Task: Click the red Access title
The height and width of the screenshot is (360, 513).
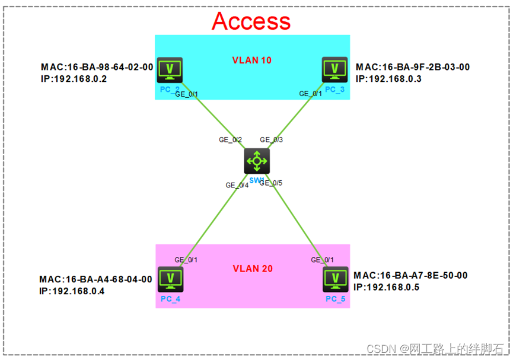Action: [x=251, y=21]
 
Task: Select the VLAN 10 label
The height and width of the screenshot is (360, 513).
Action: [x=251, y=60]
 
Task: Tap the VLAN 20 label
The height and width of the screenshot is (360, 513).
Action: [x=252, y=269]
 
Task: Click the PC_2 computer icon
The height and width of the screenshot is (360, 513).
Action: [x=170, y=70]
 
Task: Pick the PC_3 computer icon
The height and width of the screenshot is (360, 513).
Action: [x=334, y=70]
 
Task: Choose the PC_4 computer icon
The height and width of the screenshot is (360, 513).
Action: [x=171, y=279]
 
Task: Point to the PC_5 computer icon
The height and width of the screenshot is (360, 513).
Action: [x=335, y=279]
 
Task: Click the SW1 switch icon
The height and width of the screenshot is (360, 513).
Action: [x=256, y=161]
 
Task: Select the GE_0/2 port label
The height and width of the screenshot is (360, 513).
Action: [x=230, y=140]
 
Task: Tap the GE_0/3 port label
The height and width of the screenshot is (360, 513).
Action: [x=272, y=140]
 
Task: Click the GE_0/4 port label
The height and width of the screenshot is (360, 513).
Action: [x=237, y=185]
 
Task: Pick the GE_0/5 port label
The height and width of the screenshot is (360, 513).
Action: [x=270, y=183]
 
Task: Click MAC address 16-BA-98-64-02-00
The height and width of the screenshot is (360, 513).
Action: [x=97, y=67]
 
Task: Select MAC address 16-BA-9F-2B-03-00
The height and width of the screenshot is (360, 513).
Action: [x=413, y=67]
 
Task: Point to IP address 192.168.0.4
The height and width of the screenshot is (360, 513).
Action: [x=72, y=291]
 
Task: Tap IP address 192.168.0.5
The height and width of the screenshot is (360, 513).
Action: [x=386, y=287]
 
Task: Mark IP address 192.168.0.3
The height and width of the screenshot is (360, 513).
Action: [x=388, y=78]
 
